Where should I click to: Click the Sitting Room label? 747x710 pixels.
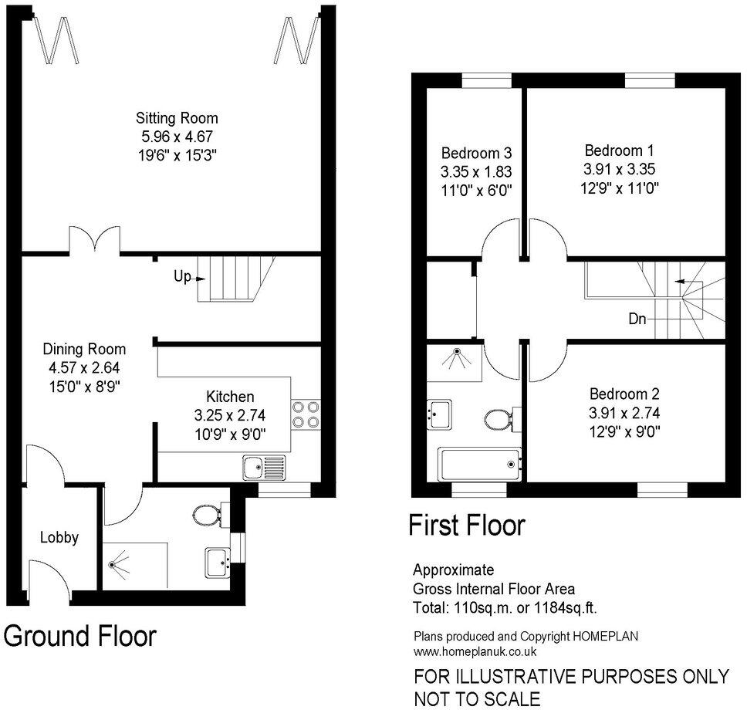(x=177, y=118)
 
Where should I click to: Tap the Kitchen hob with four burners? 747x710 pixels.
(x=304, y=415)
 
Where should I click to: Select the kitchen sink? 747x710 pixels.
(x=263, y=467)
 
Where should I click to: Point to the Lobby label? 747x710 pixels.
(x=59, y=537)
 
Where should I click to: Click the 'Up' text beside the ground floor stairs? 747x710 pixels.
(x=182, y=276)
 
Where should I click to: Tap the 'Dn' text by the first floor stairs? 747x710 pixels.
(x=636, y=317)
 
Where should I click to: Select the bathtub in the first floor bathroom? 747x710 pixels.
(x=478, y=464)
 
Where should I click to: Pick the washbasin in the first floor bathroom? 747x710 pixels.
(x=441, y=412)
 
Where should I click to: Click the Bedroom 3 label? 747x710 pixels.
(x=476, y=152)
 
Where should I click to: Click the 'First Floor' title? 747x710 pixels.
(x=466, y=526)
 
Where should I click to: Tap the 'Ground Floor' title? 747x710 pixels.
(x=80, y=636)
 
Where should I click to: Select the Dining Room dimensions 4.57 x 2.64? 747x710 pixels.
(x=84, y=367)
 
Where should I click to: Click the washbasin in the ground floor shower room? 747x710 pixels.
(x=217, y=562)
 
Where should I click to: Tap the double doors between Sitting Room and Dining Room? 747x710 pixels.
(x=94, y=240)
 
